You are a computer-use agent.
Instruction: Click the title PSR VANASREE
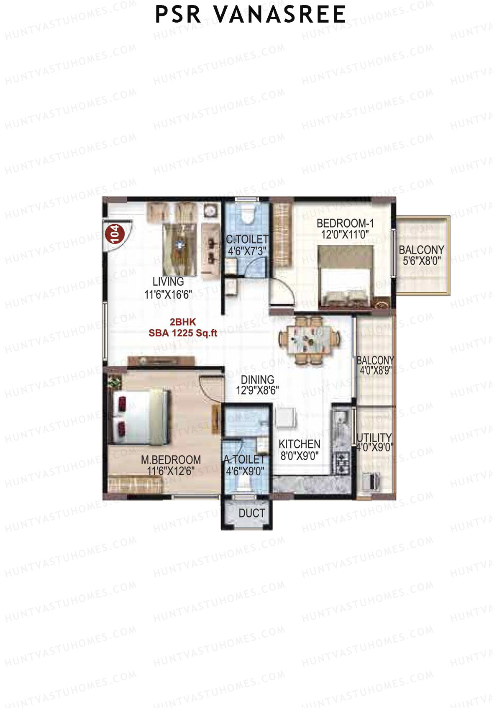click(250, 15)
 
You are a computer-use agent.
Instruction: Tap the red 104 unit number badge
click(114, 233)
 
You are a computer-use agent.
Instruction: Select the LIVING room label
click(168, 282)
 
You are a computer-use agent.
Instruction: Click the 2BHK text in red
click(183, 322)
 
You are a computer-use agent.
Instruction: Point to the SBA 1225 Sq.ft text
click(183, 333)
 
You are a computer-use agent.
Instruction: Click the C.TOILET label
click(247, 239)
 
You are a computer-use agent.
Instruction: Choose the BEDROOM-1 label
click(345, 223)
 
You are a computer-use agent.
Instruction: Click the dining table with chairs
click(310, 340)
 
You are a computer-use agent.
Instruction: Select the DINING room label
click(258, 380)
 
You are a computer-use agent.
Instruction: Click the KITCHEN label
click(300, 444)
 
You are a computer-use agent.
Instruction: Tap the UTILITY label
click(374, 438)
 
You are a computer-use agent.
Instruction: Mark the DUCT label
click(252, 513)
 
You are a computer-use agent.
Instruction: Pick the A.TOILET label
click(244, 460)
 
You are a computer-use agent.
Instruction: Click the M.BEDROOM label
click(171, 460)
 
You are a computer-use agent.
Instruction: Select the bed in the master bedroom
click(140, 417)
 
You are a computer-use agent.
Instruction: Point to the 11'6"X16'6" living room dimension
click(168, 295)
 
